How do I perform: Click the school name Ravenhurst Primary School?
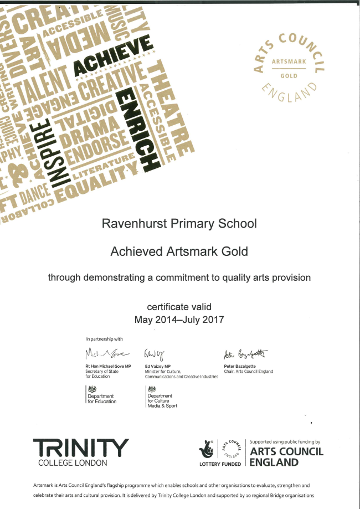(x=179, y=224)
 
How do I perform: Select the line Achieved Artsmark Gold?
(x=179, y=251)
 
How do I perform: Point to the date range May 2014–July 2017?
(x=179, y=320)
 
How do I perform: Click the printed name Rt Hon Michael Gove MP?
(x=108, y=367)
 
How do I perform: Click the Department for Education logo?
(x=101, y=394)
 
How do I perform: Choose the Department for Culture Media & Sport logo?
(x=161, y=397)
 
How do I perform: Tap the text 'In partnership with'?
(x=105, y=338)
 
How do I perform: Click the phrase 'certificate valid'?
(x=179, y=306)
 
